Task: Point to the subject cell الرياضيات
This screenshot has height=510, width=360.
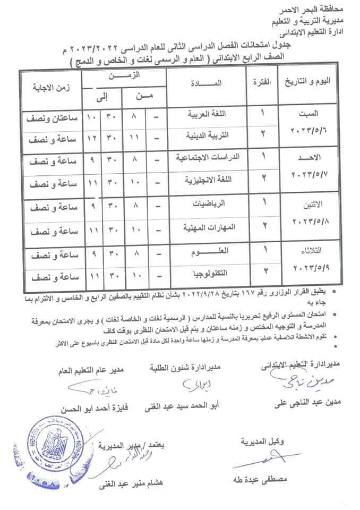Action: pyautogui.click(x=208, y=203)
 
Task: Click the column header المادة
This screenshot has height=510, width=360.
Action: pyautogui.click(x=204, y=83)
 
